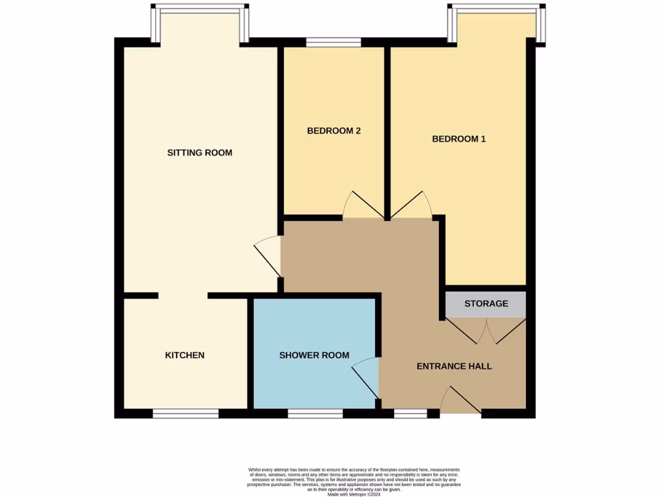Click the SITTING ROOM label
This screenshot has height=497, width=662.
click(199, 153)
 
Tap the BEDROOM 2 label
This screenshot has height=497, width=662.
click(334, 131)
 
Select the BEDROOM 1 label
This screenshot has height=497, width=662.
click(458, 138)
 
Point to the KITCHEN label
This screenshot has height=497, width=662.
click(185, 355)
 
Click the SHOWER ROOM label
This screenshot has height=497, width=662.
click(314, 355)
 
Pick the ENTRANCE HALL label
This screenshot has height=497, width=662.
click(454, 366)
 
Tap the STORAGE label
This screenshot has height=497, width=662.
click(486, 304)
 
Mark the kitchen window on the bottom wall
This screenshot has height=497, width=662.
click(185, 414)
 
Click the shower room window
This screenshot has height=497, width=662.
click(315, 414)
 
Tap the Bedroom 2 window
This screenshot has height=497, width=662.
click(334, 43)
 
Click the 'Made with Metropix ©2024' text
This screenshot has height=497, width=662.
click(354, 494)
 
